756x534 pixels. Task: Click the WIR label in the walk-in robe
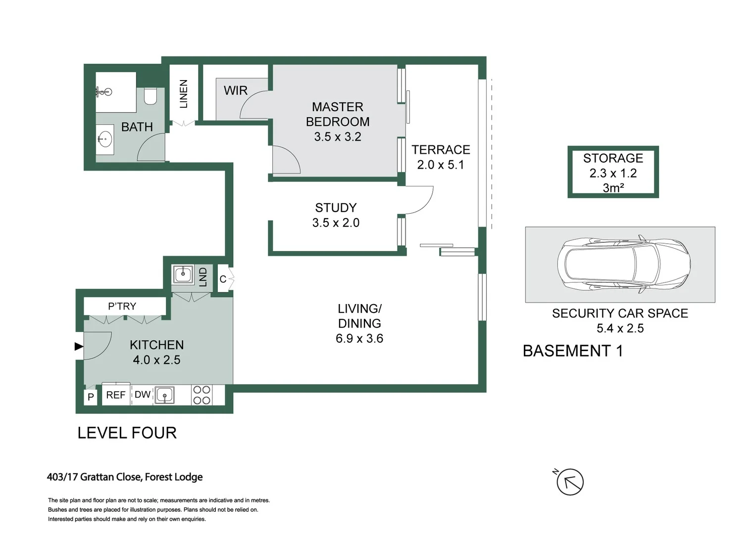click(x=235, y=90)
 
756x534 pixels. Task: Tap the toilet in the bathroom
click(x=151, y=96)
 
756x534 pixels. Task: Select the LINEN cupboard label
click(x=184, y=93)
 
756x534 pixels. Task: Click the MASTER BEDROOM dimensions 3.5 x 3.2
click(x=338, y=137)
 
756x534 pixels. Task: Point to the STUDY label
click(x=336, y=208)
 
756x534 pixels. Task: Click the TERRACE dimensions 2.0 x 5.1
click(x=441, y=165)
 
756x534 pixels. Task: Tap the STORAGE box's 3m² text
click(x=613, y=188)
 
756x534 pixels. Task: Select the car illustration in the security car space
click(x=623, y=264)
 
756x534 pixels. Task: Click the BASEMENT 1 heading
click(x=572, y=351)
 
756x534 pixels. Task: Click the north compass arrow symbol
click(x=570, y=482)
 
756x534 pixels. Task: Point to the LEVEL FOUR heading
click(x=127, y=433)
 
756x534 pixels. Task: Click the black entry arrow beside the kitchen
click(x=79, y=347)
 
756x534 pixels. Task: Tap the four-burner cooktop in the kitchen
click(x=202, y=395)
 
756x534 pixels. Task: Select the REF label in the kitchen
click(x=116, y=395)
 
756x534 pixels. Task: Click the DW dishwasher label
click(x=143, y=395)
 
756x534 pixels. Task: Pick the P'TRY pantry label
click(x=122, y=307)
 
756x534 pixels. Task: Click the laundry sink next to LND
click(x=183, y=274)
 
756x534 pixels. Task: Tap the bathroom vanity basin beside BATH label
click(x=105, y=139)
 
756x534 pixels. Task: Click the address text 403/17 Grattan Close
click(x=124, y=477)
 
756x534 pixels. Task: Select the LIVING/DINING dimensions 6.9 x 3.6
click(x=359, y=339)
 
